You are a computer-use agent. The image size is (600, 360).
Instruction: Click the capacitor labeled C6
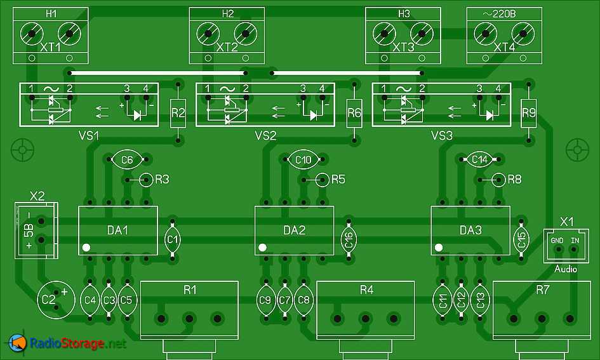127,161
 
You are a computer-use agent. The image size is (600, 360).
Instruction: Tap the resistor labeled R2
178,114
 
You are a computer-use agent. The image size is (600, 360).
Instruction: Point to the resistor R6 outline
354,114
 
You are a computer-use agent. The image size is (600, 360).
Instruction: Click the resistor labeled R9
529,114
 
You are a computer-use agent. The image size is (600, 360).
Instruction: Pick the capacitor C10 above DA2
303,161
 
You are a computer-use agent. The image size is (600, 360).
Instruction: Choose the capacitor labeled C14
479,161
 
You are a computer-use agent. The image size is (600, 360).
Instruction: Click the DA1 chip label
117,230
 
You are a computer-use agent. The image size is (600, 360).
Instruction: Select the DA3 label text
470,230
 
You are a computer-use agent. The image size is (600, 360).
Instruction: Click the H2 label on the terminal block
227,13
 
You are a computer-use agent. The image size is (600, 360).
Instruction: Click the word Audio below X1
566,269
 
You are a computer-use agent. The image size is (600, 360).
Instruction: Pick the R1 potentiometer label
190,290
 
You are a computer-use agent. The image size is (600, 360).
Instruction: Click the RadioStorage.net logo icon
17,343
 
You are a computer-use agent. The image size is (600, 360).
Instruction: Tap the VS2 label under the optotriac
265,136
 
